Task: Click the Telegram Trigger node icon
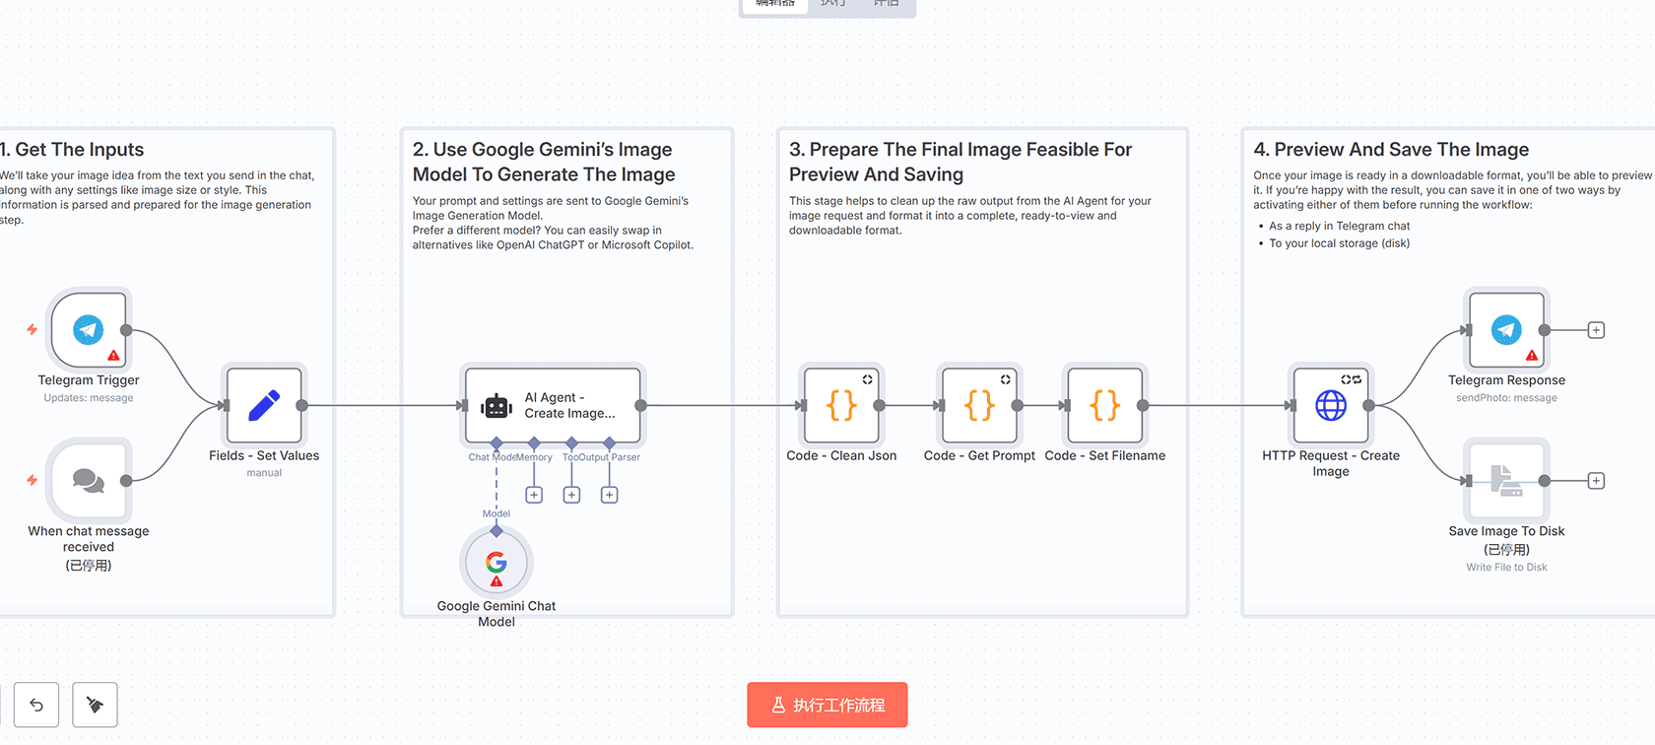pos(89,330)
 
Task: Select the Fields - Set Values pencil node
pos(264,405)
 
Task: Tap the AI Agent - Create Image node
pos(553,405)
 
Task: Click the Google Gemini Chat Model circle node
pos(496,563)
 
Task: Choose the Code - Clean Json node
pos(841,405)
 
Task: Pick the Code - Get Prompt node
pos(979,405)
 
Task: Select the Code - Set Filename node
pos(1105,405)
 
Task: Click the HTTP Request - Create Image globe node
pos(1331,405)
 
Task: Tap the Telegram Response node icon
pos(1506,330)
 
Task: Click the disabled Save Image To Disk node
pos(1506,481)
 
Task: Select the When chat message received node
pos(89,481)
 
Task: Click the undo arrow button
pos(36,705)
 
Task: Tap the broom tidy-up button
pos(96,705)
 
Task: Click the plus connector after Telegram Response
pos(1596,330)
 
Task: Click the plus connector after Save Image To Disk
pos(1596,481)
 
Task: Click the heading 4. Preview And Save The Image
pos(1391,150)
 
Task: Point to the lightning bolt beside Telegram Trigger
pos(33,329)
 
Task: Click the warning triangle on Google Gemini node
pos(496,581)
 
